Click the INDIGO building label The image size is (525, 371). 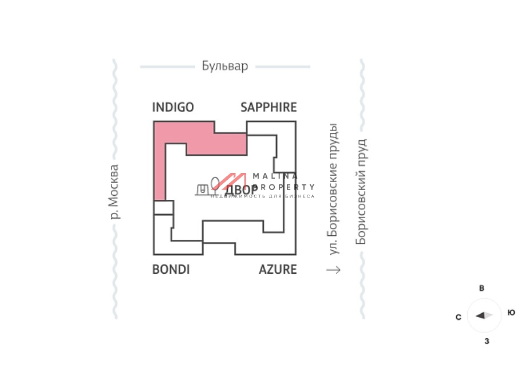pyautogui.click(x=173, y=107)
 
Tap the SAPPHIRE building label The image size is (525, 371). pyautogui.click(x=269, y=107)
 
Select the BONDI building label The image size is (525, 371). pyautogui.click(x=171, y=269)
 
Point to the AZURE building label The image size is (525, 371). pyautogui.click(x=278, y=269)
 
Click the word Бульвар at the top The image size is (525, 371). pyautogui.click(x=225, y=66)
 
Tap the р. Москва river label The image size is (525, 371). pyautogui.click(x=114, y=192)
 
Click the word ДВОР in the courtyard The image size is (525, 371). pyautogui.click(x=241, y=190)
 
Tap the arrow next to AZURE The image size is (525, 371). pyautogui.click(x=333, y=269)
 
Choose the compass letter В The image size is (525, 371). pyautogui.click(x=481, y=289)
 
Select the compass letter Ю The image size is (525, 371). pyautogui.click(x=511, y=313)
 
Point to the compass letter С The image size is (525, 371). pyautogui.click(x=459, y=317)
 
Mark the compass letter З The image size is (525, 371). pyautogui.click(x=487, y=341)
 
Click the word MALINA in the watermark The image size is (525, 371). pyautogui.click(x=275, y=176)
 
